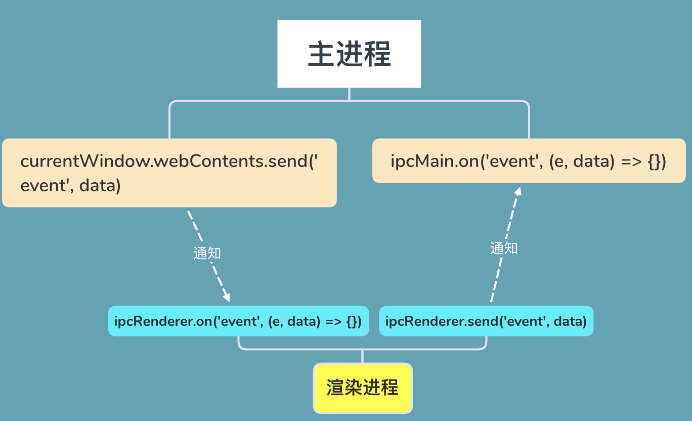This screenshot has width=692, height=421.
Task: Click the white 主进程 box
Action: (x=349, y=54)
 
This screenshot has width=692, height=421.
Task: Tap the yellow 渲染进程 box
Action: (x=363, y=388)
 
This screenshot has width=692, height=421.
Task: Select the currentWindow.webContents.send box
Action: (x=169, y=173)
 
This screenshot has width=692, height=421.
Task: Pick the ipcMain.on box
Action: (x=529, y=161)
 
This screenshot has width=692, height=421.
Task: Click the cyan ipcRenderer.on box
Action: (x=238, y=321)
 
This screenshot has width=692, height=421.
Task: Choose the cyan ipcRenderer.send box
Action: (x=486, y=321)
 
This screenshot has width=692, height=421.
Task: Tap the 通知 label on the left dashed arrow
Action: (x=207, y=254)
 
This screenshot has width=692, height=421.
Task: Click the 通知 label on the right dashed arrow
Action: (x=504, y=248)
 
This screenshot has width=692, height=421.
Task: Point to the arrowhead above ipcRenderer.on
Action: (x=226, y=297)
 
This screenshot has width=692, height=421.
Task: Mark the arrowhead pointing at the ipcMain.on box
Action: (x=518, y=191)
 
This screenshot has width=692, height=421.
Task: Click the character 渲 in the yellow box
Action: (x=335, y=388)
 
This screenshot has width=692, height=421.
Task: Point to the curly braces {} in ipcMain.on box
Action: (x=654, y=161)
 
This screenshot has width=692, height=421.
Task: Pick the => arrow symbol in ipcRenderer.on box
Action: (x=334, y=322)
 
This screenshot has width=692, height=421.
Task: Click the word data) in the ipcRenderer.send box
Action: (x=570, y=321)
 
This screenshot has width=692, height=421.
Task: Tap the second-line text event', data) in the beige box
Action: (x=70, y=186)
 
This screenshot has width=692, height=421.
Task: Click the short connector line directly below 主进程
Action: (x=349, y=94)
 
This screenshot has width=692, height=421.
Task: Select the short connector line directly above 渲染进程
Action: (x=362, y=356)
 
